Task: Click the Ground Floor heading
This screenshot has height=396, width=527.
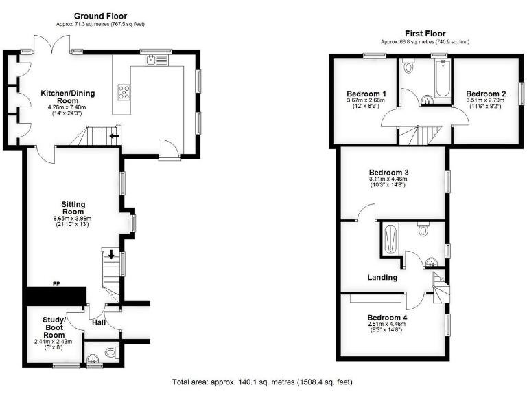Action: [101, 16]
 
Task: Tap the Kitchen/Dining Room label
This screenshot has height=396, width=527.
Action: [67, 98]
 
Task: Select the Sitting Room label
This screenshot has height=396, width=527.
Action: [72, 209]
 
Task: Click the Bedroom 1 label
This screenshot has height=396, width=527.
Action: [366, 93]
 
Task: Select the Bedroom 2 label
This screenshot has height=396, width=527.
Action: [486, 93]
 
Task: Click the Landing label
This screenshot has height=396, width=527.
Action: [382, 278]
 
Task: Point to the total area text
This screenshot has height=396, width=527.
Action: [263, 382]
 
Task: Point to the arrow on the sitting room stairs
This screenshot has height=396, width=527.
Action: [111, 255]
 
